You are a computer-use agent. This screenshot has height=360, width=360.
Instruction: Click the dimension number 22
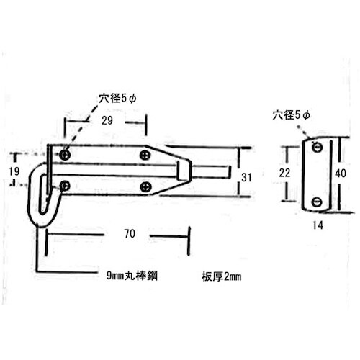[x=284, y=174]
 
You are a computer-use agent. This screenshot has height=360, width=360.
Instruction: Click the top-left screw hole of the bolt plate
[x=66, y=154]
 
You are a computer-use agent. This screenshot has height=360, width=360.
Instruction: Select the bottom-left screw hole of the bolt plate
[x=65, y=186]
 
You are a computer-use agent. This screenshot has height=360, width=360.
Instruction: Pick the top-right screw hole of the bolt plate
[x=147, y=154]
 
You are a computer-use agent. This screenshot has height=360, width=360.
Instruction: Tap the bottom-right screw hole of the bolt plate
[x=147, y=186]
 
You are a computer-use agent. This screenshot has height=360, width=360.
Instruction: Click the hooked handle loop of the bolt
[x=40, y=194]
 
